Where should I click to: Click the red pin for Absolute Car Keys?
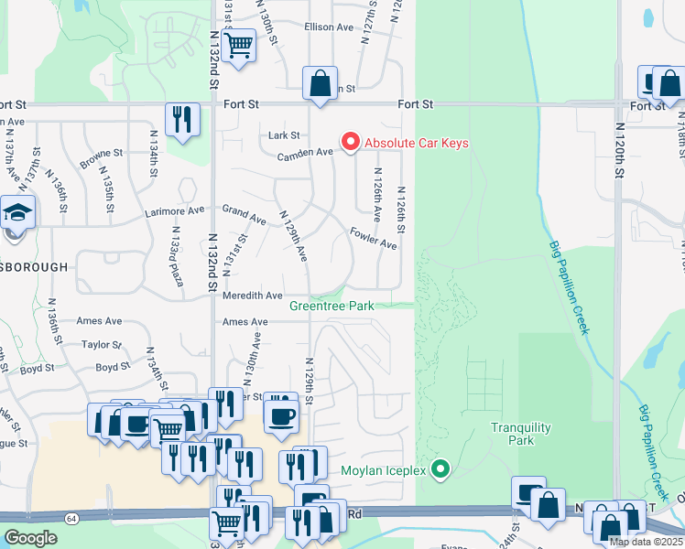(x=350, y=142)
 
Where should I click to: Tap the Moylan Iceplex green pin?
(x=440, y=470)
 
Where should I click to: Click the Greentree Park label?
(x=332, y=306)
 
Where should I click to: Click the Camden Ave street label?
(x=306, y=153)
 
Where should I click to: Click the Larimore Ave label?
(x=174, y=211)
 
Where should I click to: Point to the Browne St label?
(x=101, y=154)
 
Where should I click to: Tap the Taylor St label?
(x=101, y=345)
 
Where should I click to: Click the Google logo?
(x=30, y=538)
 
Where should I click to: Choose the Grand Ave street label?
(x=244, y=221)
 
